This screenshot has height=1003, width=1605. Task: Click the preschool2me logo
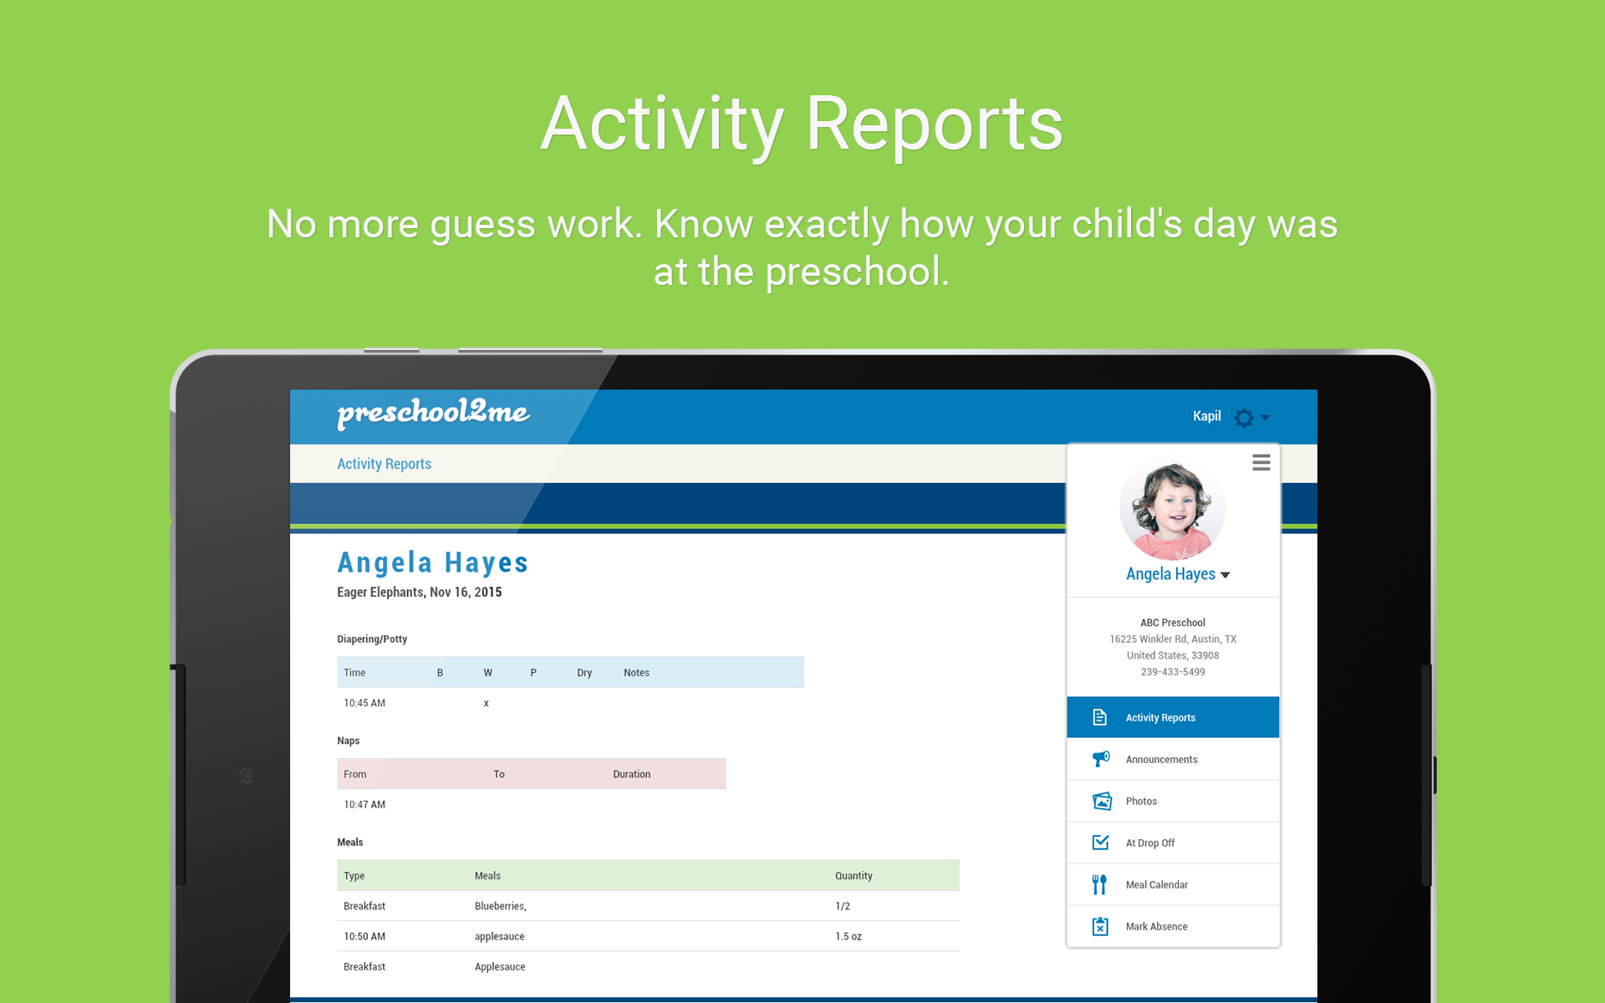(433, 413)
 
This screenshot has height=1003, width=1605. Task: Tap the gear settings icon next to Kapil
(1244, 417)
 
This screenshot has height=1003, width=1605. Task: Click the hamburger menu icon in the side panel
(1261, 462)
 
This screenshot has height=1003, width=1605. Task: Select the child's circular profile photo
(1172, 507)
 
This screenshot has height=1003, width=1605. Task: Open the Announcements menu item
(1161, 760)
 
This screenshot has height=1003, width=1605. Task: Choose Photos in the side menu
(1141, 802)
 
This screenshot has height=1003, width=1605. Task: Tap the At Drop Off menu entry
(1149, 843)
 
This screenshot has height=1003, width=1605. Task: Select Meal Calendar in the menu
(1156, 885)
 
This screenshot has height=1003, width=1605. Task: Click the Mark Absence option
(1156, 927)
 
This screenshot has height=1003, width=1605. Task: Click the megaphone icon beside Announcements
(1101, 759)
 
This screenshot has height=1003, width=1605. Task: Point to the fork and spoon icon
(1099, 884)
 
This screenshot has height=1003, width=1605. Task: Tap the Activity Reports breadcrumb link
(384, 464)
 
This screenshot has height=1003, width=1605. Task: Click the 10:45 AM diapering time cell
(364, 703)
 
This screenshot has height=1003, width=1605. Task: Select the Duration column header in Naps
(631, 774)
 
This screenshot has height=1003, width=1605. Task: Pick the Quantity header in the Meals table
(853, 876)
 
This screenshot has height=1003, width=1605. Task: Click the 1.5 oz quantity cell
(848, 937)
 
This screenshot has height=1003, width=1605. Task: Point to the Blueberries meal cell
(500, 907)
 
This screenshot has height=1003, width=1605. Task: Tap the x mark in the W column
(487, 704)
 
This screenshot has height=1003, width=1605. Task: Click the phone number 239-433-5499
(1173, 672)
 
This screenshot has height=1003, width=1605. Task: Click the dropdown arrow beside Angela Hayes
(1225, 575)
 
